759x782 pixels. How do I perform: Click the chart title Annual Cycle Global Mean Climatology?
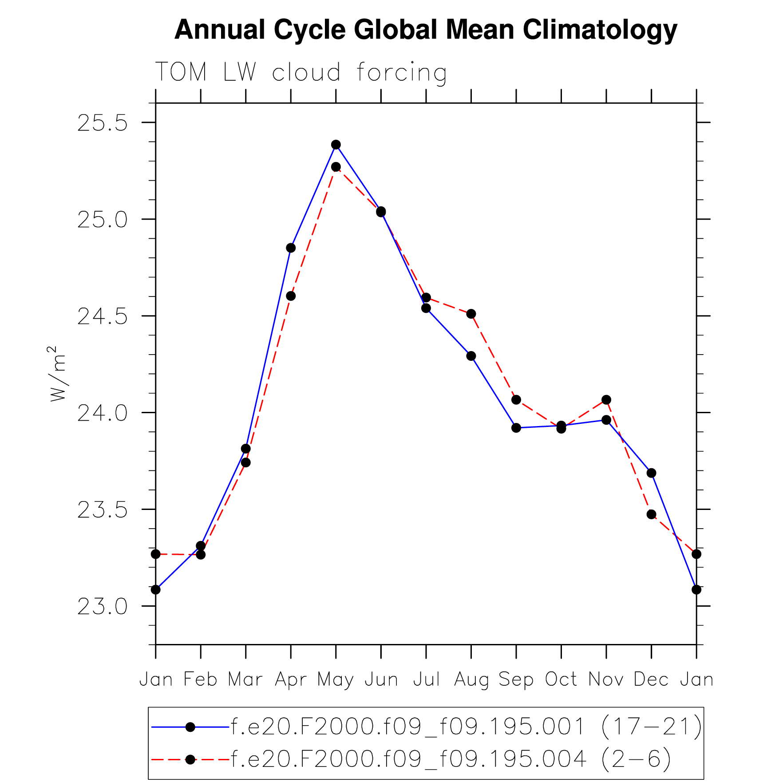tap(426, 30)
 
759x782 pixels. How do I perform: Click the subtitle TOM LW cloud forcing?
tap(300, 72)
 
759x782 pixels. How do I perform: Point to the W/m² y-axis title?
tap(58, 374)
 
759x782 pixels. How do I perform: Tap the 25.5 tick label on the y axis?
tap(102, 123)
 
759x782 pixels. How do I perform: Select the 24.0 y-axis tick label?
tap(102, 413)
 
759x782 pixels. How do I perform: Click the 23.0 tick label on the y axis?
tap(102, 607)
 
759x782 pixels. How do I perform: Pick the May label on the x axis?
tap(336, 680)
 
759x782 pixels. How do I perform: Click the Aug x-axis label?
tap(471, 680)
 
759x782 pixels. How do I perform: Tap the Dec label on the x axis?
tap(651, 680)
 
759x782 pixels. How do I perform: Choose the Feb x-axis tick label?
tap(201, 680)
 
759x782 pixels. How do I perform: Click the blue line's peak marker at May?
tap(336, 145)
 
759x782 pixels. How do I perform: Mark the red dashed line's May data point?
tap(336, 167)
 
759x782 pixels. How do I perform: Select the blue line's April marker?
tap(291, 248)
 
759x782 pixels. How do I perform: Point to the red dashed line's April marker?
tap(291, 296)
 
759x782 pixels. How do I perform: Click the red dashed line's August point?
tap(471, 314)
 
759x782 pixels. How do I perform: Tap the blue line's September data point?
tap(516, 428)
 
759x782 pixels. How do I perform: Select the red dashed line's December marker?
tap(651, 514)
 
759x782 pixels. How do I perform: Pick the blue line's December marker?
tap(651, 473)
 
